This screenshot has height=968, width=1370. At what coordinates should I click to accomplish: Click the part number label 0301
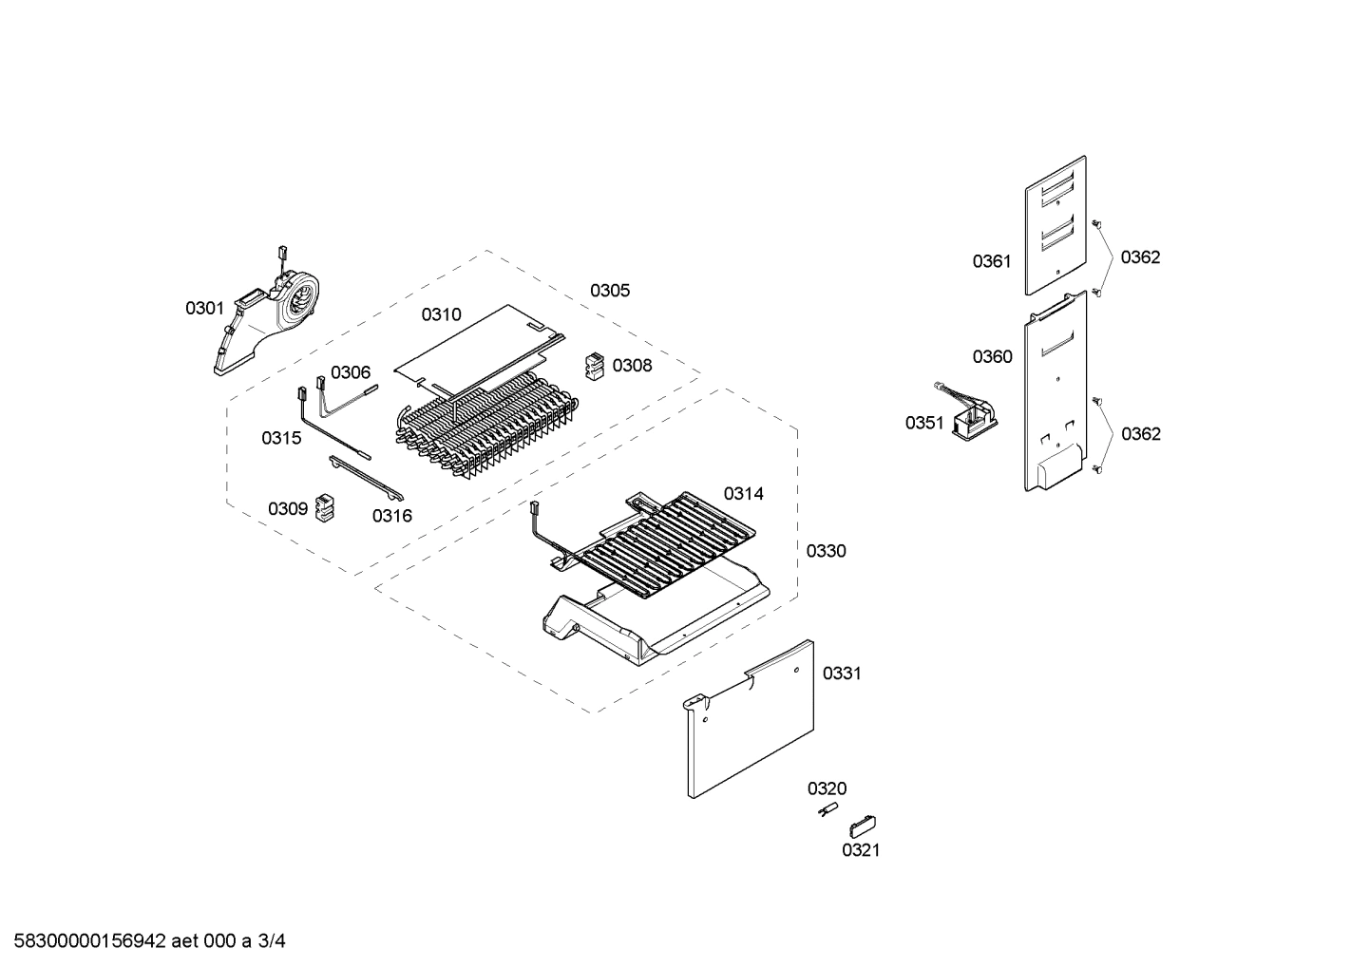pos(204,308)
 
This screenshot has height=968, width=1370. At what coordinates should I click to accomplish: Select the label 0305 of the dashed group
pos(609,291)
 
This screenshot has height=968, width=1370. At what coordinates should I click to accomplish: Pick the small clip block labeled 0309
pos(325,507)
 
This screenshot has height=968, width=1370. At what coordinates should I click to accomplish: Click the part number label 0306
pos(351,373)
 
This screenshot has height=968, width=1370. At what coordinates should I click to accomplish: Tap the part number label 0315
pos(281,438)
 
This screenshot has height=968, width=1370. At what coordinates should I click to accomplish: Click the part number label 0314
pos(743,493)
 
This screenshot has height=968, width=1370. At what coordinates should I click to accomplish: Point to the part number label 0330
pos(826,551)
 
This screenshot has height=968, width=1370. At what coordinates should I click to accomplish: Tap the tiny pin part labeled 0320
pos(827,809)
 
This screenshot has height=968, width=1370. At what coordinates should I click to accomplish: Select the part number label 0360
pos(992,357)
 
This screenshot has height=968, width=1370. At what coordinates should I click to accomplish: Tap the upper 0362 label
pos(1140,257)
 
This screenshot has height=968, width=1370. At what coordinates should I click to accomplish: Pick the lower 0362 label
pos(1140,434)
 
